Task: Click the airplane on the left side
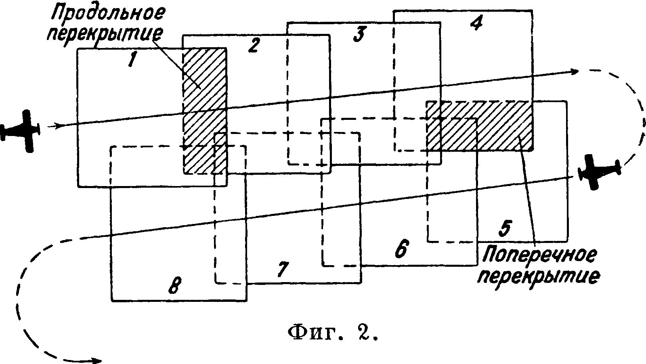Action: (22, 130)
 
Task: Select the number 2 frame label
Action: (253, 45)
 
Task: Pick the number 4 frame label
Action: (476, 23)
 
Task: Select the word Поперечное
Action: (539, 255)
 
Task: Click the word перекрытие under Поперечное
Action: (539, 276)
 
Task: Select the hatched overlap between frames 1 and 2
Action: (205, 110)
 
